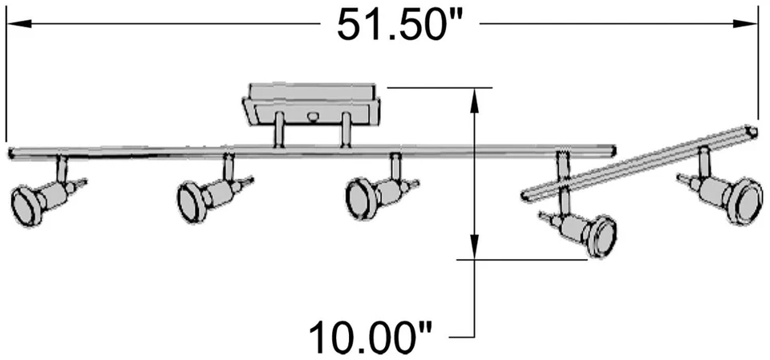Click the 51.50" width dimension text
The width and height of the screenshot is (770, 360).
(x=401, y=26)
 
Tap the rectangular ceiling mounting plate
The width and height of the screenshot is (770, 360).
(x=312, y=103)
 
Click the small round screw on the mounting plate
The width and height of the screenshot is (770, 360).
(x=313, y=118)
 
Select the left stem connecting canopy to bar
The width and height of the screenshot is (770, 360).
(x=280, y=131)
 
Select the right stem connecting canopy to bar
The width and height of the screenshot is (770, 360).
(x=345, y=131)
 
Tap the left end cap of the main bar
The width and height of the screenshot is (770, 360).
(x=11, y=151)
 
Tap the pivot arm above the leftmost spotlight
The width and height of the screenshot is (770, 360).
(x=61, y=169)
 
